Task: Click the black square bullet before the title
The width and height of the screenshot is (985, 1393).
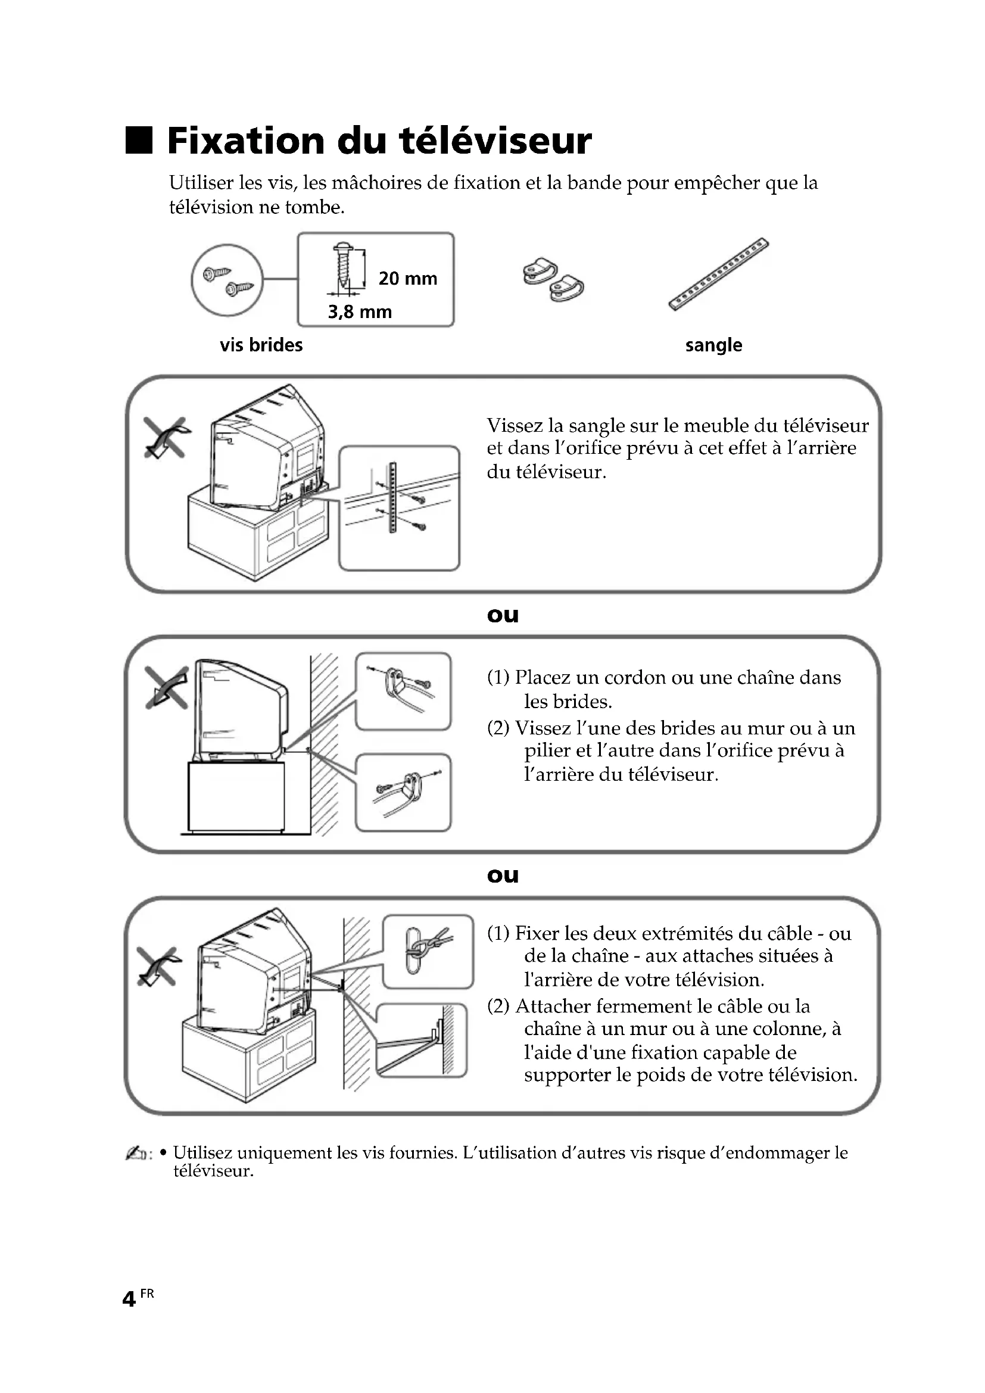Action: (x=138, y=140)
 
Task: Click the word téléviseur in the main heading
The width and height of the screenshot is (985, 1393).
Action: (x=495, y=140)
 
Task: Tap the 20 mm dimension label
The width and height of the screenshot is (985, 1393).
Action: (x=407, y=279)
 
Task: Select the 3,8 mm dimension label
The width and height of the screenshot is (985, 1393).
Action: (x=360, y=312)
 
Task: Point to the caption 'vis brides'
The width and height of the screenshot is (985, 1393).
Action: (x=261, y=345)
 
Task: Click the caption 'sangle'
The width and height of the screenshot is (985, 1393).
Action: (x=713, y=345)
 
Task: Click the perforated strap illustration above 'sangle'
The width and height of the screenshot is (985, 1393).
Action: (x=718, y=274)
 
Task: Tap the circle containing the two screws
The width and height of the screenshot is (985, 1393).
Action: (x=227, y=281)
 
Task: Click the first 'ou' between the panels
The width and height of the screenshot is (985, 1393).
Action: (x=503, y=615)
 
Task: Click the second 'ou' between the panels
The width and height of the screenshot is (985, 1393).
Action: (x=503, y=875)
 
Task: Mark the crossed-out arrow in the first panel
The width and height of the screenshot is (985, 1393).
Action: (x=165, y=438)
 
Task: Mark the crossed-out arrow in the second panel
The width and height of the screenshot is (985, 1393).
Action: (x=166, y=687)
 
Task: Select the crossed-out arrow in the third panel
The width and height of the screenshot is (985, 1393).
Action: (x=159, y=967)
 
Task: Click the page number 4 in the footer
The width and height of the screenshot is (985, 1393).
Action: (x=129, y=1299)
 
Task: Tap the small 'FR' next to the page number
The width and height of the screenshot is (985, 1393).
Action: (x=146, y=1294)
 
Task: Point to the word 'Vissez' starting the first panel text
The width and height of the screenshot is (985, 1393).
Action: (x=515, y=425)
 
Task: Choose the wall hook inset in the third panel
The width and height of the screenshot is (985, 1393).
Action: (x=428, y=952)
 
